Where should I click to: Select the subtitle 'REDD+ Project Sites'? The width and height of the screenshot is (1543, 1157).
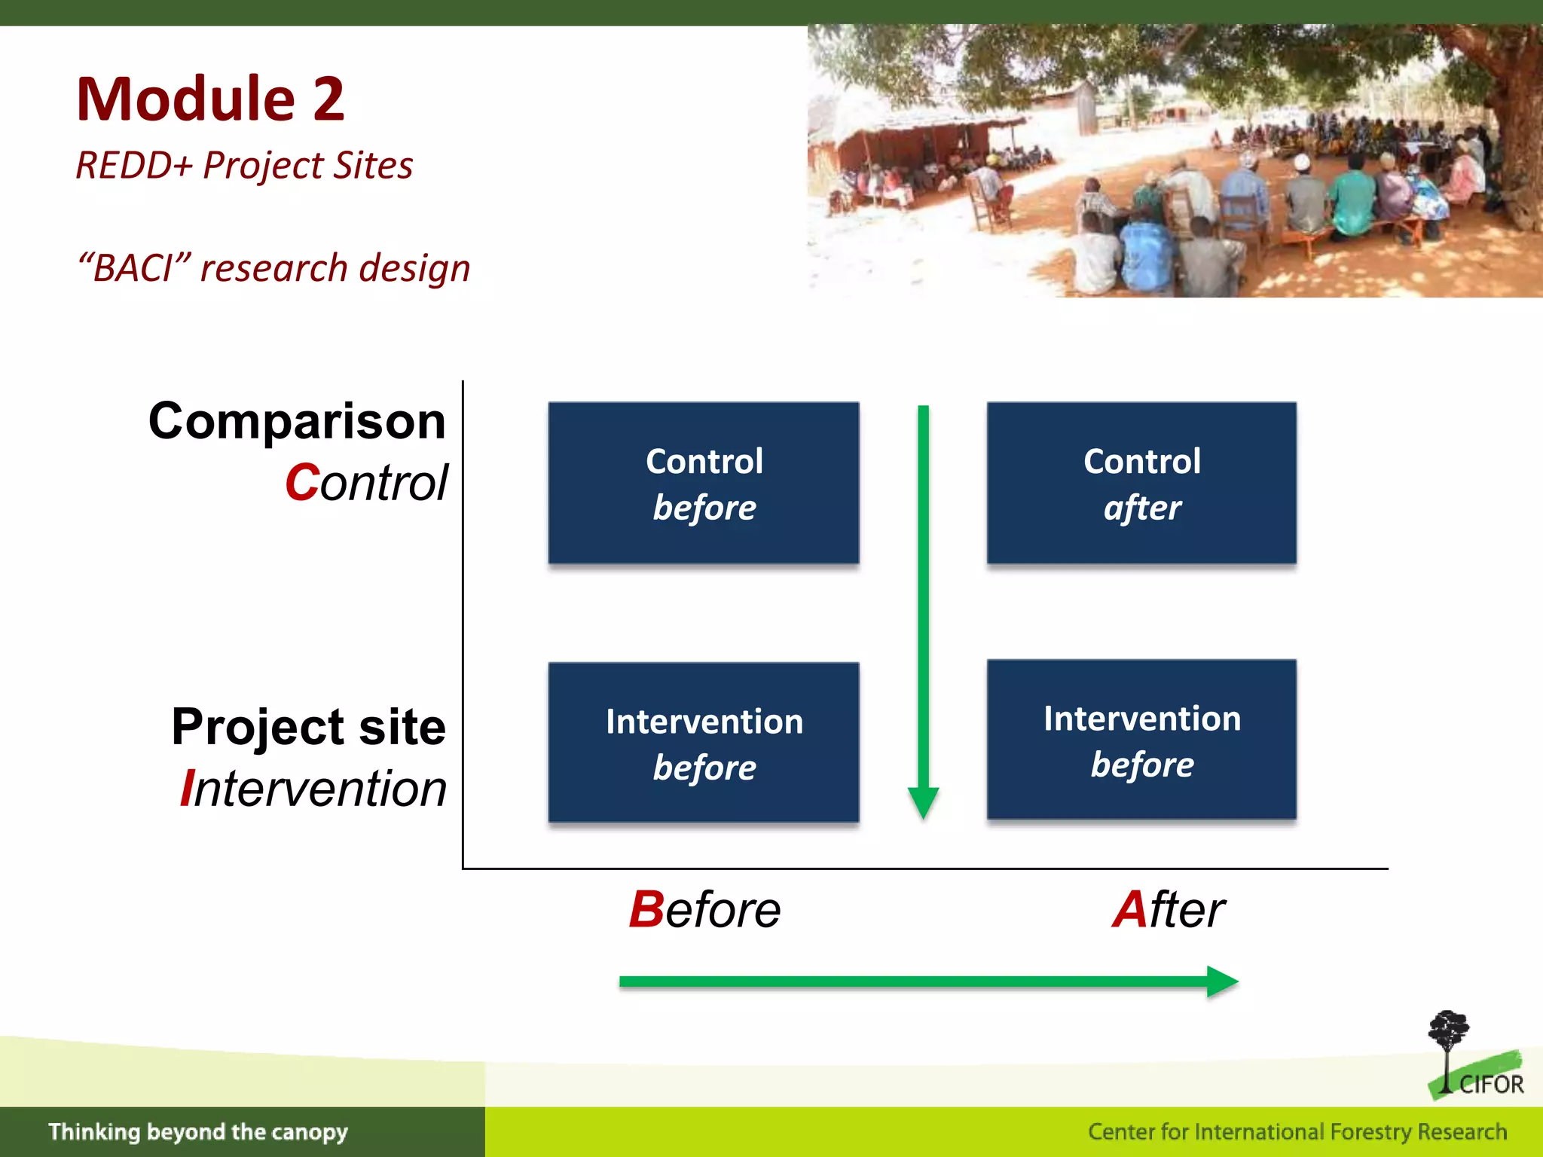coord(244,166)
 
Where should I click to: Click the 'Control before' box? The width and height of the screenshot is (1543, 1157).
coord(704,483)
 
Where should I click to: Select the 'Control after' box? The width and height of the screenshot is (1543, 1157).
coord(1141,483)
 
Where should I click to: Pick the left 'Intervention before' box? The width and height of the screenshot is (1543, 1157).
coord(704,743)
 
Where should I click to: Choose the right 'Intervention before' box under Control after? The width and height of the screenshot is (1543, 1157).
coord(1141,740)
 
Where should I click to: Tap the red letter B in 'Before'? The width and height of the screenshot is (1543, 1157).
coord(646,910)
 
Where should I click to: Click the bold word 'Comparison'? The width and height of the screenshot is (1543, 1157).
coord(297,420)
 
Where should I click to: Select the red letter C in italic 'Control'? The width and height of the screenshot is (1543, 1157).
coord(302,483)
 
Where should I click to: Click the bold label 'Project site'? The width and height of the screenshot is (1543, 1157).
coord(308,727)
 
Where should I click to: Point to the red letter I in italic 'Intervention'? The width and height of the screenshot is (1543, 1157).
coord(188,789)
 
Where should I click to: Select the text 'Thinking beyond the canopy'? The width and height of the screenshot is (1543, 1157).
coord(198,1131)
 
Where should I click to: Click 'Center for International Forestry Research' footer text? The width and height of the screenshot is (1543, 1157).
coord(1297,1131)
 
